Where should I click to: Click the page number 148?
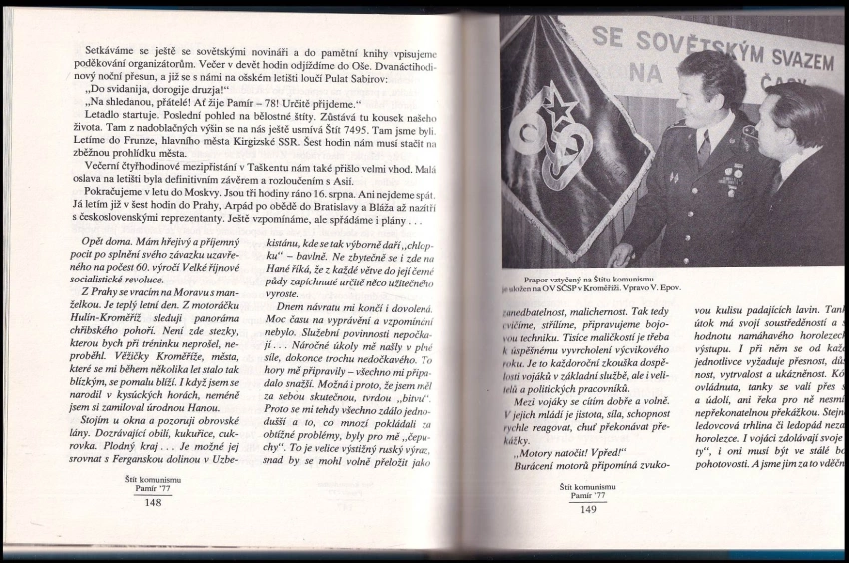153,502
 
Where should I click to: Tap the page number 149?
587,509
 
